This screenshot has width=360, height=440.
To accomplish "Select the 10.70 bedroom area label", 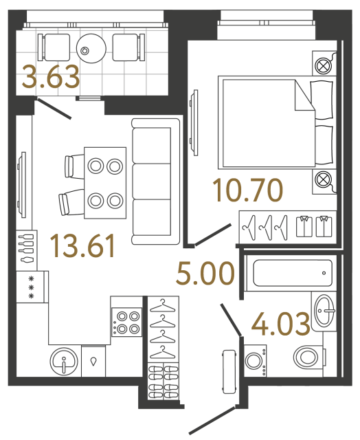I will (x=247, y=190).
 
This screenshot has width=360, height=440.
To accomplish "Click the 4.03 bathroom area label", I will (x=281, y=324).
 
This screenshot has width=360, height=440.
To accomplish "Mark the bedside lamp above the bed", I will (x=322, y=66).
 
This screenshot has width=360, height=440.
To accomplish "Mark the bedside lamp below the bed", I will (x=322, y=181).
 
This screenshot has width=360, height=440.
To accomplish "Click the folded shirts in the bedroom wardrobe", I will (x=313, y=225).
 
